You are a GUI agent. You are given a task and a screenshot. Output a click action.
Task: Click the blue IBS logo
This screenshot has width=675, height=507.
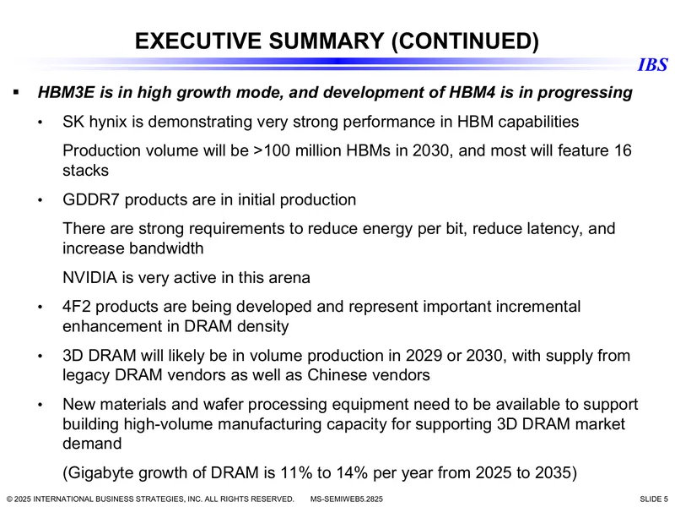pyautogui.click(x=652, y=65)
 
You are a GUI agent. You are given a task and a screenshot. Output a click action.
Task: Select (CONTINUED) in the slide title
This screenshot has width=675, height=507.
pyautogui.click(x=465, y=41)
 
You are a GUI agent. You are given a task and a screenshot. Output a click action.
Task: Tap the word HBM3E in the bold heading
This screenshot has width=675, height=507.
pyautogui.click(x=67, y=92)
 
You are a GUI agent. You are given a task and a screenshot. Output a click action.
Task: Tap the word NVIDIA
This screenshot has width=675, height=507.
pyautogui.click(x=90, y=277)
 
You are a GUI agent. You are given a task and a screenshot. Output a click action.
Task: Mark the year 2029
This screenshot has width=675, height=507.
pyautogui.click(x=424, y=356)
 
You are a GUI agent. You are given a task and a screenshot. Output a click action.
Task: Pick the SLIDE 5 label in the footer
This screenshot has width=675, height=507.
pyautogui.click(x=653, y=499)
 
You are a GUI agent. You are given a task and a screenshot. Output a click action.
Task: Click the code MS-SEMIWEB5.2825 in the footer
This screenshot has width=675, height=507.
pyautogui.click(x=347, y=499)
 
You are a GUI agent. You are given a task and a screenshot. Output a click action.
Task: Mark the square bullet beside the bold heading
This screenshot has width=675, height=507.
pyautogui.click(x=17, y=92)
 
